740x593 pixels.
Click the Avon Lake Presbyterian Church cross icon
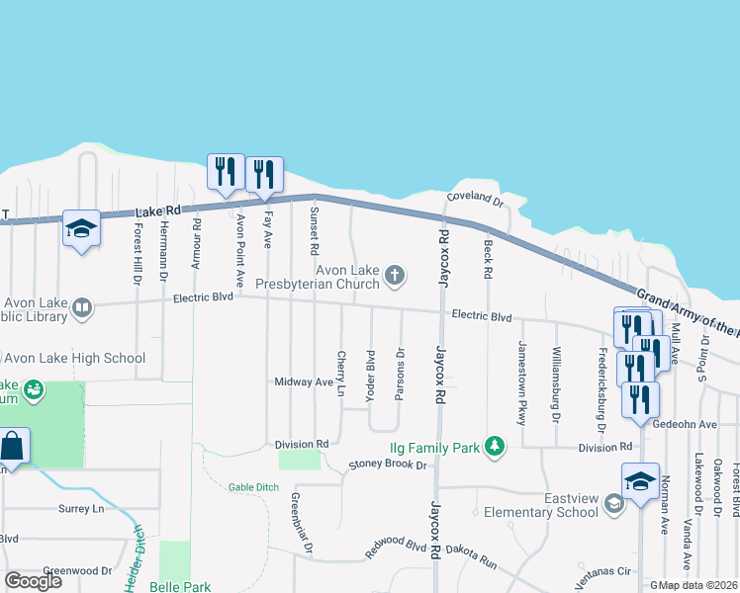395,275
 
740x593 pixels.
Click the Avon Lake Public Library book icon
82,309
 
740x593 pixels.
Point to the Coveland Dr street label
475,198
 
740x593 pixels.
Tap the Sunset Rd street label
314,224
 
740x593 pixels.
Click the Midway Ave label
304,381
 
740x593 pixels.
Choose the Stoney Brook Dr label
387,465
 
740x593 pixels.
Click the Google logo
33,580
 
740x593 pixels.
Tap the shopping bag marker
14,447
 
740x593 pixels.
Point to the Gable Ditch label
253,487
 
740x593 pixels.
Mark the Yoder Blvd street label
370,374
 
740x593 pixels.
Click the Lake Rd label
158,212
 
